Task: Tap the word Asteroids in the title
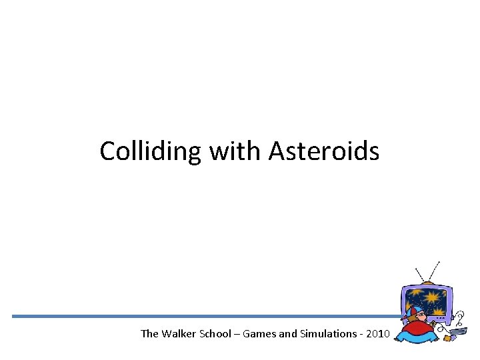pos(324,151)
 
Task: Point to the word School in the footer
pos(217,333)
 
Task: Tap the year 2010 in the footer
pos(375,333)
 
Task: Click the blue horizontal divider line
pos(200,316)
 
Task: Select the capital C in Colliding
pos(107,151)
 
